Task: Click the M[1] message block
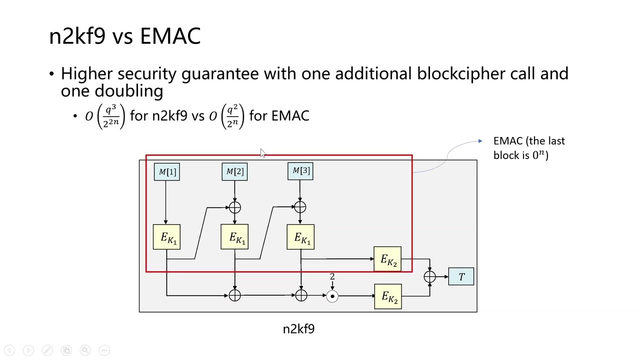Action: click(167, 172)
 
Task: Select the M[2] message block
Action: click(234, 172)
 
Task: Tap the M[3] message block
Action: click(300, 171)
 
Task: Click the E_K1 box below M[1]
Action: click(167, 237)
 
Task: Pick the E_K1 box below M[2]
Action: click(234, 237)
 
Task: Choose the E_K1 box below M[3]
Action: click(300, 237)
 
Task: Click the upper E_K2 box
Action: click(387, 259)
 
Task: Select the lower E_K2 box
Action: click(387, 296)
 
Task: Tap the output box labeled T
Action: click(461, 277)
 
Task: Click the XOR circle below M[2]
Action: click(234, 207)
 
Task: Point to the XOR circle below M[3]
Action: click(300, 207)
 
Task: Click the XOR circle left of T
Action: click(429, 277)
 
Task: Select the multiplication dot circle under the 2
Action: click(332, 296)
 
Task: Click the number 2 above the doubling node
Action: click(332, 276)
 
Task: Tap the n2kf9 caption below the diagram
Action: click(298, 329)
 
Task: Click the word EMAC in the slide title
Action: click(170, 36)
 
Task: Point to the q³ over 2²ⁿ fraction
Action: click(110, 116)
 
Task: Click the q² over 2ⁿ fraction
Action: click(232, 116)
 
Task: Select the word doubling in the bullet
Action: click(128, 90)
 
